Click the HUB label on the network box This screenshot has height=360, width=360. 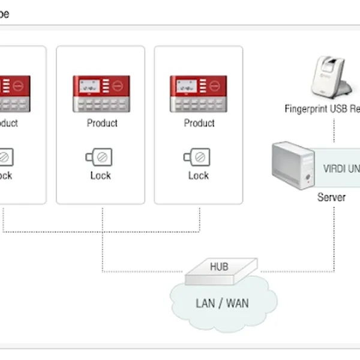pos(219,266)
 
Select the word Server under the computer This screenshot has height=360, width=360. pos(331,197)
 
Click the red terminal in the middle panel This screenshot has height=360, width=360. pos(101,94)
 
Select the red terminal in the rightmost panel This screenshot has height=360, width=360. pos(199,94)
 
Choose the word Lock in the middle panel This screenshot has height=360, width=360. pos(100,175)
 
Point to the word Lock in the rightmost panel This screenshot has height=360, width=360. pos(199,175)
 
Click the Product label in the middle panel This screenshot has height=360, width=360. pos(102,123)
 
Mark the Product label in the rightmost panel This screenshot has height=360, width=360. pos(199,123)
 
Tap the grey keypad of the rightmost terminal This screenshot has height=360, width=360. pos(199,104)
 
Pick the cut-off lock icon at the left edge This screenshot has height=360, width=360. pos(7,157)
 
